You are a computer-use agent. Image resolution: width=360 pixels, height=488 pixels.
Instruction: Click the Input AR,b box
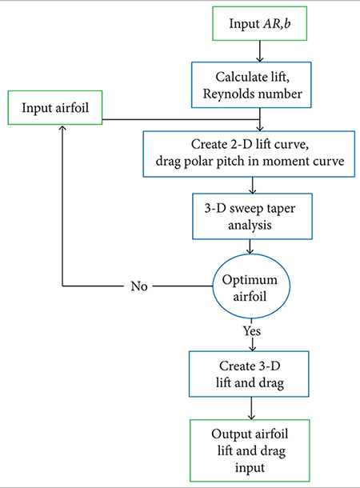[259, 25]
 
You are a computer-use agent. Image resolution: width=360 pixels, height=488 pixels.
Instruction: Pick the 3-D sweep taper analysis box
[254, 214]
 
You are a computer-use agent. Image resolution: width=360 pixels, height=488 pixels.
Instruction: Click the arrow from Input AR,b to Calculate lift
[259, 52]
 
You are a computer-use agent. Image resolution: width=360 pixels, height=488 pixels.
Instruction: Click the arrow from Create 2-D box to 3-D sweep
[254, 184]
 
